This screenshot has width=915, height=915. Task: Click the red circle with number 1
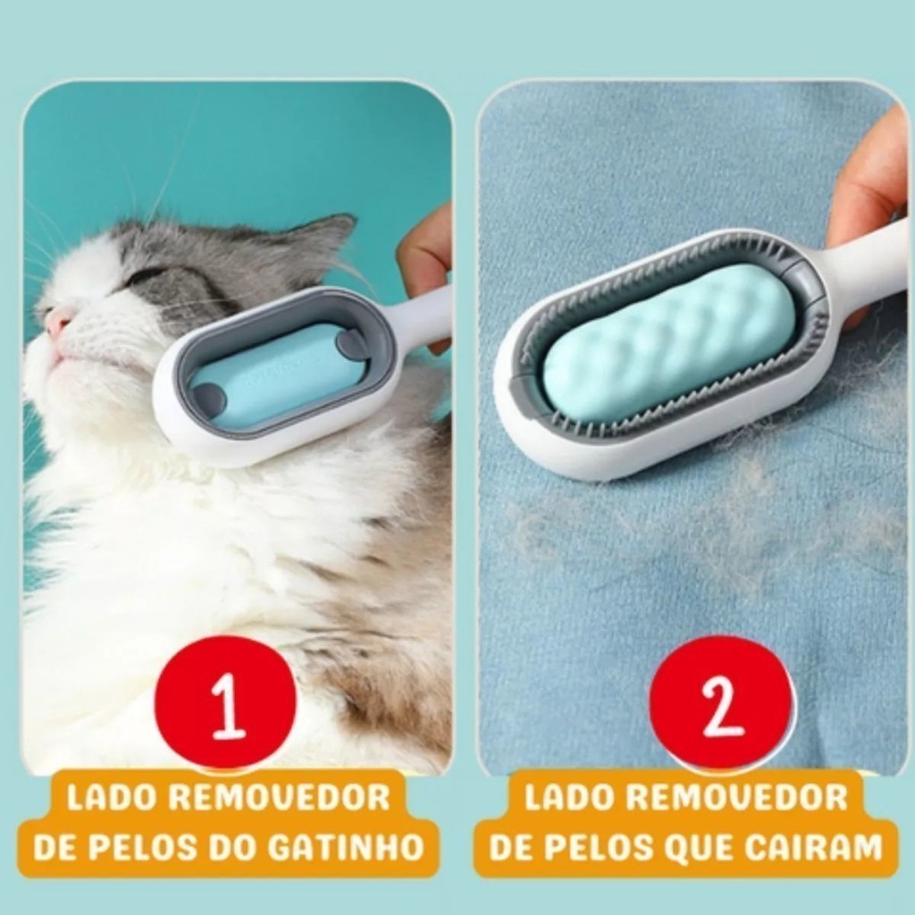coord(226,705)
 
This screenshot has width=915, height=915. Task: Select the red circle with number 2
coord(721,705)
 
